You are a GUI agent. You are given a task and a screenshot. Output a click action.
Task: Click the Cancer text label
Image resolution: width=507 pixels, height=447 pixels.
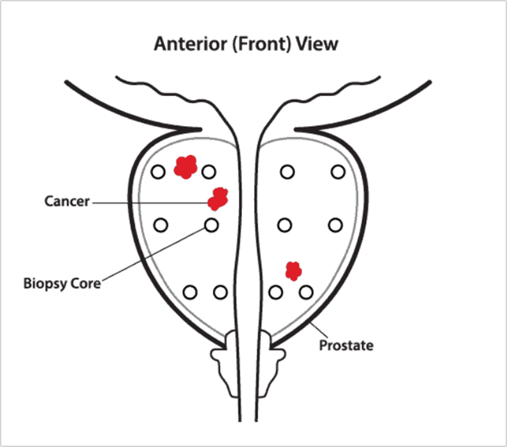pyautogui.click(x=67, y=202)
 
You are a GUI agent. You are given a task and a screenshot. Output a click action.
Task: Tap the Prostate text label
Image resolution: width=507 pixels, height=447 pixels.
pyautogui.click(x=346, y=346)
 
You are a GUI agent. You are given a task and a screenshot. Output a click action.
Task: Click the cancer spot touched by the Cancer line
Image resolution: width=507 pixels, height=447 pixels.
pyautogui.click(x=218, y=199)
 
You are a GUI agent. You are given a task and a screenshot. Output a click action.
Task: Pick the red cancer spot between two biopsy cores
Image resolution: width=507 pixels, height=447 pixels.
pyautogui.click(x=184, y=167)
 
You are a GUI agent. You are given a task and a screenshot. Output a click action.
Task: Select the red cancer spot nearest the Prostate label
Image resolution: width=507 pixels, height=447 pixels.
pyautogui.click(x=293, y=270)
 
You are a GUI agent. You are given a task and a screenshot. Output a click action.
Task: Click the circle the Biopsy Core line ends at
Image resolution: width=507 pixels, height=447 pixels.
pyautogui.click(x=211, y=225)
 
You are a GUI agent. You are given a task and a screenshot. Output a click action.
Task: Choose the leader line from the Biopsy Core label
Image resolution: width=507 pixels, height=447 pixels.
pyautogui.click(x=154, y=254)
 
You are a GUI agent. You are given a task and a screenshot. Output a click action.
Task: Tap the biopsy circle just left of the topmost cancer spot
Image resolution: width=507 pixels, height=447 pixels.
pyautogui.click(x=158, y=172)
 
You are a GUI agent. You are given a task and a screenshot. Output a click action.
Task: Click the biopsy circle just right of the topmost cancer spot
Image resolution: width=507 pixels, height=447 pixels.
pyautogui.click(x=208, y=172)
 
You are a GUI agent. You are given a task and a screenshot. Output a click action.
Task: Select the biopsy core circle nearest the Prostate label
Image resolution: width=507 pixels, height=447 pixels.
pyautogui.click(x=307, y=292)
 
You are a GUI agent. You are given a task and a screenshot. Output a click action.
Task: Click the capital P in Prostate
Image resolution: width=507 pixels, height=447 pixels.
pyautogui.click(x=323, y=346)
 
